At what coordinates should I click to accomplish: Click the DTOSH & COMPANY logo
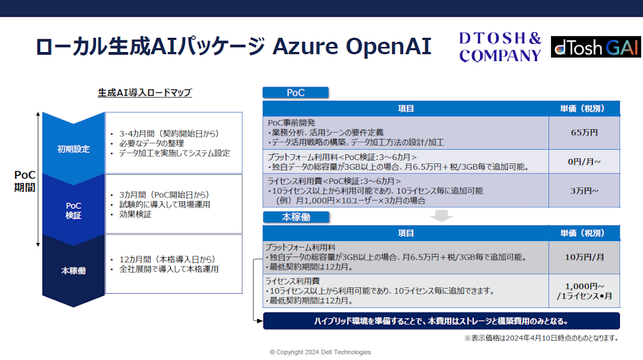(500, 47)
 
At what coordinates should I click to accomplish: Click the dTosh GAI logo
(595, 47)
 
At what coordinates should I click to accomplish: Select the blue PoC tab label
(296, 93)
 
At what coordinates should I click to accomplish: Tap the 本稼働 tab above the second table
(296, 217)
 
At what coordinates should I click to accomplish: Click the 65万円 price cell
(584, 133)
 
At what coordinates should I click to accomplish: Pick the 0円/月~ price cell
(584, 161)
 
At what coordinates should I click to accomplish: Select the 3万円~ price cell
(584, 191)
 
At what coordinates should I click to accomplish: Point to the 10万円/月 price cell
(584, 258)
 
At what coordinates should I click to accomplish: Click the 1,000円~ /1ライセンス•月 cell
(584, 291)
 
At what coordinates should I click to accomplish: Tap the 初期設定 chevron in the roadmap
(73, 149)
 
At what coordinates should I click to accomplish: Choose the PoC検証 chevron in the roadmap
(73, 210)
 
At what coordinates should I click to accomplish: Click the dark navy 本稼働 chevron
(73, 271)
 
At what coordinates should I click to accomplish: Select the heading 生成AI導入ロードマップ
(145, 93)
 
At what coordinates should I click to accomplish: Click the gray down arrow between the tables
(441, 215)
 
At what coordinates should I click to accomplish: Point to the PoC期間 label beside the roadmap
(24, 181)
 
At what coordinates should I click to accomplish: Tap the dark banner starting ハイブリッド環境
(441, 321)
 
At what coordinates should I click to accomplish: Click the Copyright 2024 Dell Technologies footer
(320, 352)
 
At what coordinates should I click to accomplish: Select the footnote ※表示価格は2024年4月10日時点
(541, 338)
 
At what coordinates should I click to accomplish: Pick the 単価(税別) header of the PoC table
(584, 109)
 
